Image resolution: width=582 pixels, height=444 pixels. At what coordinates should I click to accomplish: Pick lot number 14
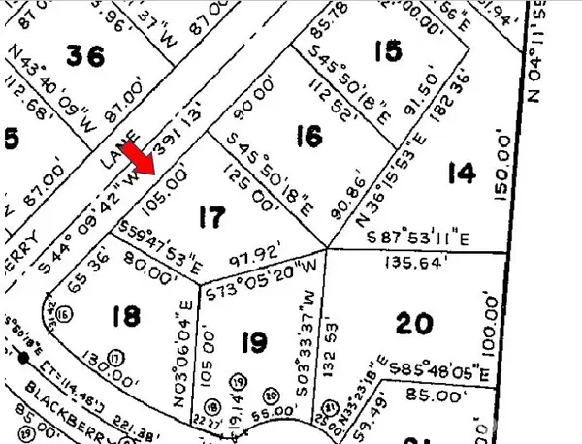pos(463,174)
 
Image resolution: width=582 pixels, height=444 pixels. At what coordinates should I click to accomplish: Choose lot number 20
pos(414,323)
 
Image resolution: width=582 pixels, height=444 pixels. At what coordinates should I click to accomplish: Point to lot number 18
pos(126,316)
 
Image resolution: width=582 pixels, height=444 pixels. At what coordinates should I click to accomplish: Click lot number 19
pos(253,341)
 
